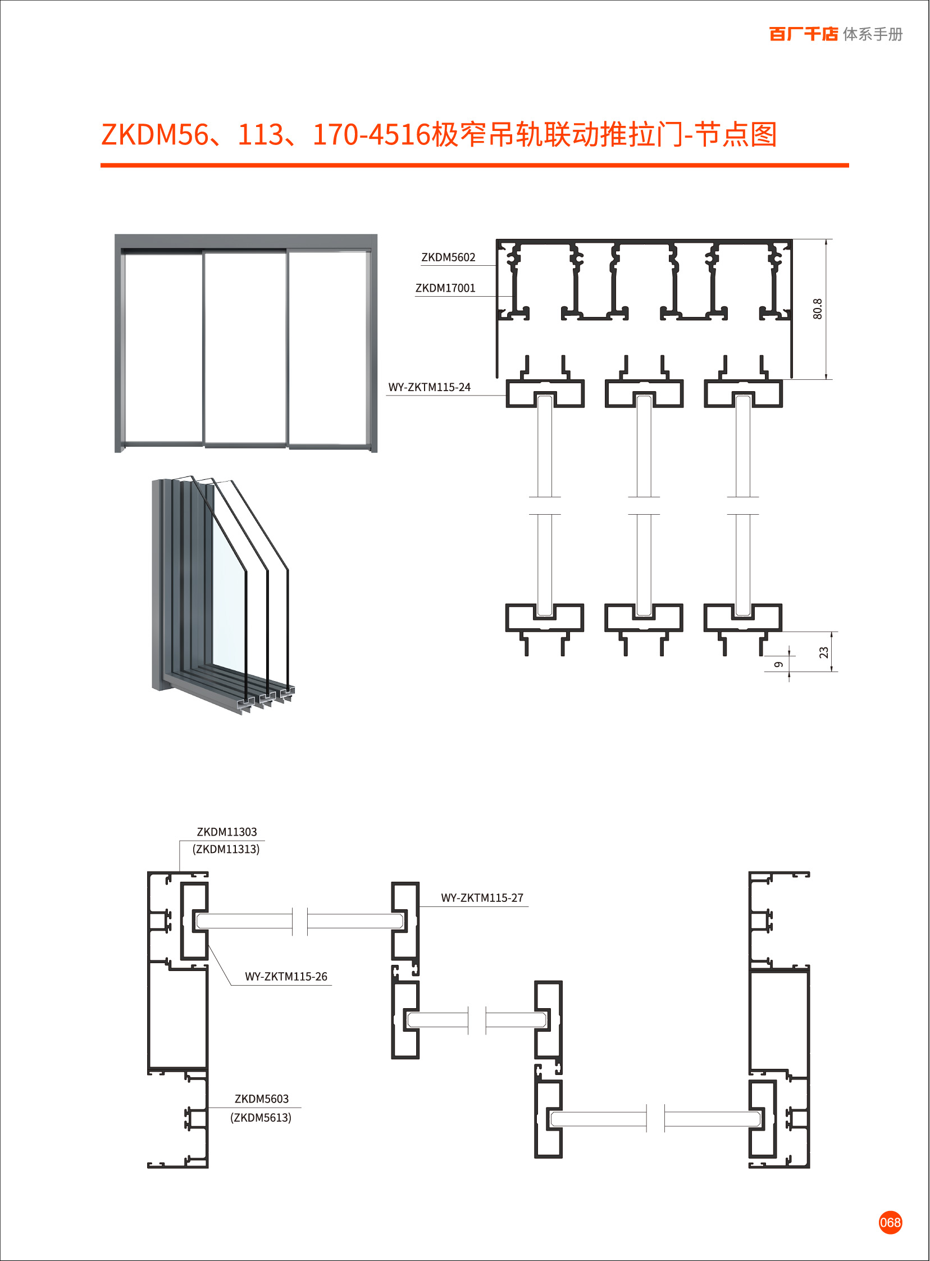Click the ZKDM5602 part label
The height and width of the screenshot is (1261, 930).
pyautogui.click(x=448, y=257)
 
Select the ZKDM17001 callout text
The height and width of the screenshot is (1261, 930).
pyautogui.click(x=445, y=288)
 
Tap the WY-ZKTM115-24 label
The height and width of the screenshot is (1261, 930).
pyautogui.click(x=429, y=388)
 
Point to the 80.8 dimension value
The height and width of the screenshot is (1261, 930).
pyautogui.click(x=818, y=309)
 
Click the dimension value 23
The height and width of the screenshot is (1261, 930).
pyautogui.click(x=824, y=652)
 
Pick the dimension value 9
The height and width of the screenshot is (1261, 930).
pyautogui.click(x=778, y=665)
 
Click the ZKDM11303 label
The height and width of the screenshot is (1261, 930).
pyautogui.click(x=227, y=832)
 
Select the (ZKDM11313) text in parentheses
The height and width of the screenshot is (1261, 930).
pyautogui.click(x=226, y=849)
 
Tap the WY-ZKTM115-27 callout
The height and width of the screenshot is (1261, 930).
pyautogui.click(x=482, y=898)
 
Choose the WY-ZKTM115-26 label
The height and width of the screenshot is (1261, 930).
pyautogui.click(x=286, y=977)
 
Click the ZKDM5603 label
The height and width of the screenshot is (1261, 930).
pyautogui.click(x=262, y=1099)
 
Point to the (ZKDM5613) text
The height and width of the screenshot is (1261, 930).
pyautogui.click(x=261, y=1117)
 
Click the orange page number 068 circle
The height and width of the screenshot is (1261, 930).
pyautogui.click(x=890, y=1223)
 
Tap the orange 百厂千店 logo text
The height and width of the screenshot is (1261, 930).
pyautogui.click(x=803, y=34)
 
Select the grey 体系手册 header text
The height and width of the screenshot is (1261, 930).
pyautogui.click(x=873, y=34)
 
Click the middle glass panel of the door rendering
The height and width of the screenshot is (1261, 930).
pyautogui.click(x=245, y=347)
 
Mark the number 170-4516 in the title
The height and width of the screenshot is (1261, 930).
pyautogui.click(x=371, y=135)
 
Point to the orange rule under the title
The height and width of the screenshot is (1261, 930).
pyautogui.click(x=474, y=166)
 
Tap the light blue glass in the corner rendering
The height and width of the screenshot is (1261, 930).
pyautogui.click(x=228, y=597)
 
